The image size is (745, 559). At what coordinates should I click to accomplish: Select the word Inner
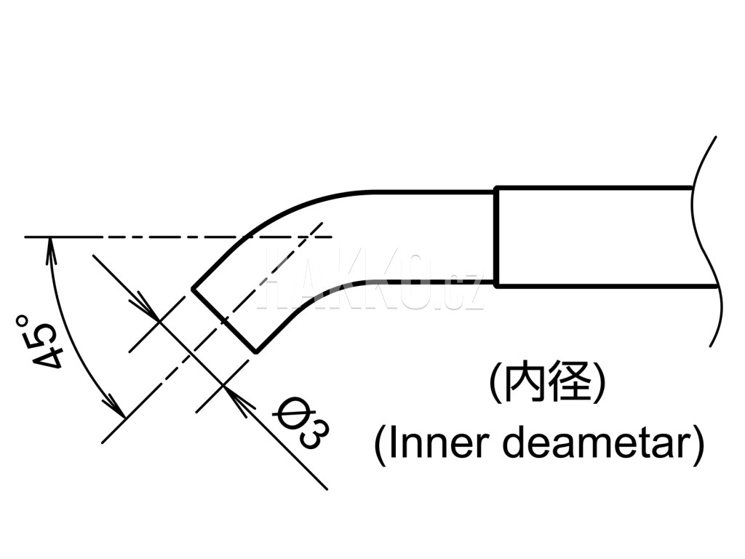(437, 443)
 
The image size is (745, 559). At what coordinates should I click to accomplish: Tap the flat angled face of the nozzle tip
(224, 321)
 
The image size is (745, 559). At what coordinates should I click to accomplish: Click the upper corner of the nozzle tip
(192, 288)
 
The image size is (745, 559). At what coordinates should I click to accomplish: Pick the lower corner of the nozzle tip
(256, 353)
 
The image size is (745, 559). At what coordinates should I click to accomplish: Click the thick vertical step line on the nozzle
(496, 237)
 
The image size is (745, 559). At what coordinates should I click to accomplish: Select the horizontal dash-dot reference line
(179, 237)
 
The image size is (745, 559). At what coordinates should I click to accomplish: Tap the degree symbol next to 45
(22, 320)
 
